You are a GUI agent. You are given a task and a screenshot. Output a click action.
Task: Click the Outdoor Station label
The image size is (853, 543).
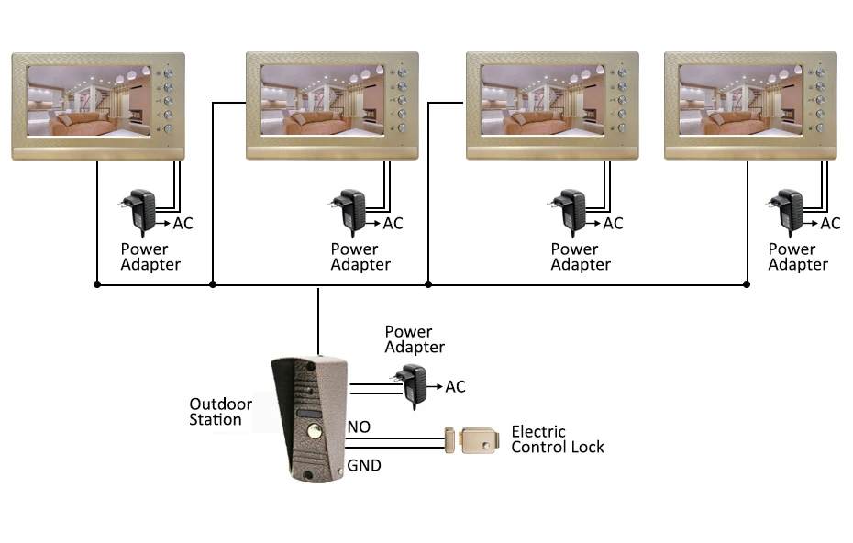220,412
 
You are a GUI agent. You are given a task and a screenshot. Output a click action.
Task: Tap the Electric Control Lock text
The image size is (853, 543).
558,439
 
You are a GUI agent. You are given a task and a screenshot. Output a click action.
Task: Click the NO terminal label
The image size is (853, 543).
359,427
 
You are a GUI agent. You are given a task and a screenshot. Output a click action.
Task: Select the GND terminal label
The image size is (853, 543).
364,466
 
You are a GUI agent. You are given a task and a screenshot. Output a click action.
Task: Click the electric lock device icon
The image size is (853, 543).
471,440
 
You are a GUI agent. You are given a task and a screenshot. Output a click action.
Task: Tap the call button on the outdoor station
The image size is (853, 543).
314,432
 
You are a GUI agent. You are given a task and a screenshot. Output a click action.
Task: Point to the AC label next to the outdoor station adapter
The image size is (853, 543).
455,387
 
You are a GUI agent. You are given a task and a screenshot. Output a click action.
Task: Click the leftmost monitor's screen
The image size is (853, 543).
89,101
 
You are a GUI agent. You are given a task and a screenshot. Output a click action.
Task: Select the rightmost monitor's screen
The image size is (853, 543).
740,100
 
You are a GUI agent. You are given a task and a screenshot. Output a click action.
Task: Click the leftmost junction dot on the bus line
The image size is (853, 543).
97,284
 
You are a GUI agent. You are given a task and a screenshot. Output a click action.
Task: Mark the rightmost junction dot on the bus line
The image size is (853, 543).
747,284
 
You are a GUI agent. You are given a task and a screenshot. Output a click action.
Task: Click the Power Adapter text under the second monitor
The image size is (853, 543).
360,257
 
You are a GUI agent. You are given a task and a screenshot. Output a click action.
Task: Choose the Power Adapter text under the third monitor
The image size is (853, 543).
581,257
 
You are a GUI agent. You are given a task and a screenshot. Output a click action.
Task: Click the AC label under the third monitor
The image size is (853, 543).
613,224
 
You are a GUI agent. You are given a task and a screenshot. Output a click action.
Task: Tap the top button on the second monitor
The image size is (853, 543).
402,72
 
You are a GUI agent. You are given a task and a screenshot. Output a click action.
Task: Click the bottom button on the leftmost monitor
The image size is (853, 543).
168,129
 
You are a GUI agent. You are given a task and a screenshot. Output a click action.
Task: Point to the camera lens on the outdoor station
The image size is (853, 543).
308,390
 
